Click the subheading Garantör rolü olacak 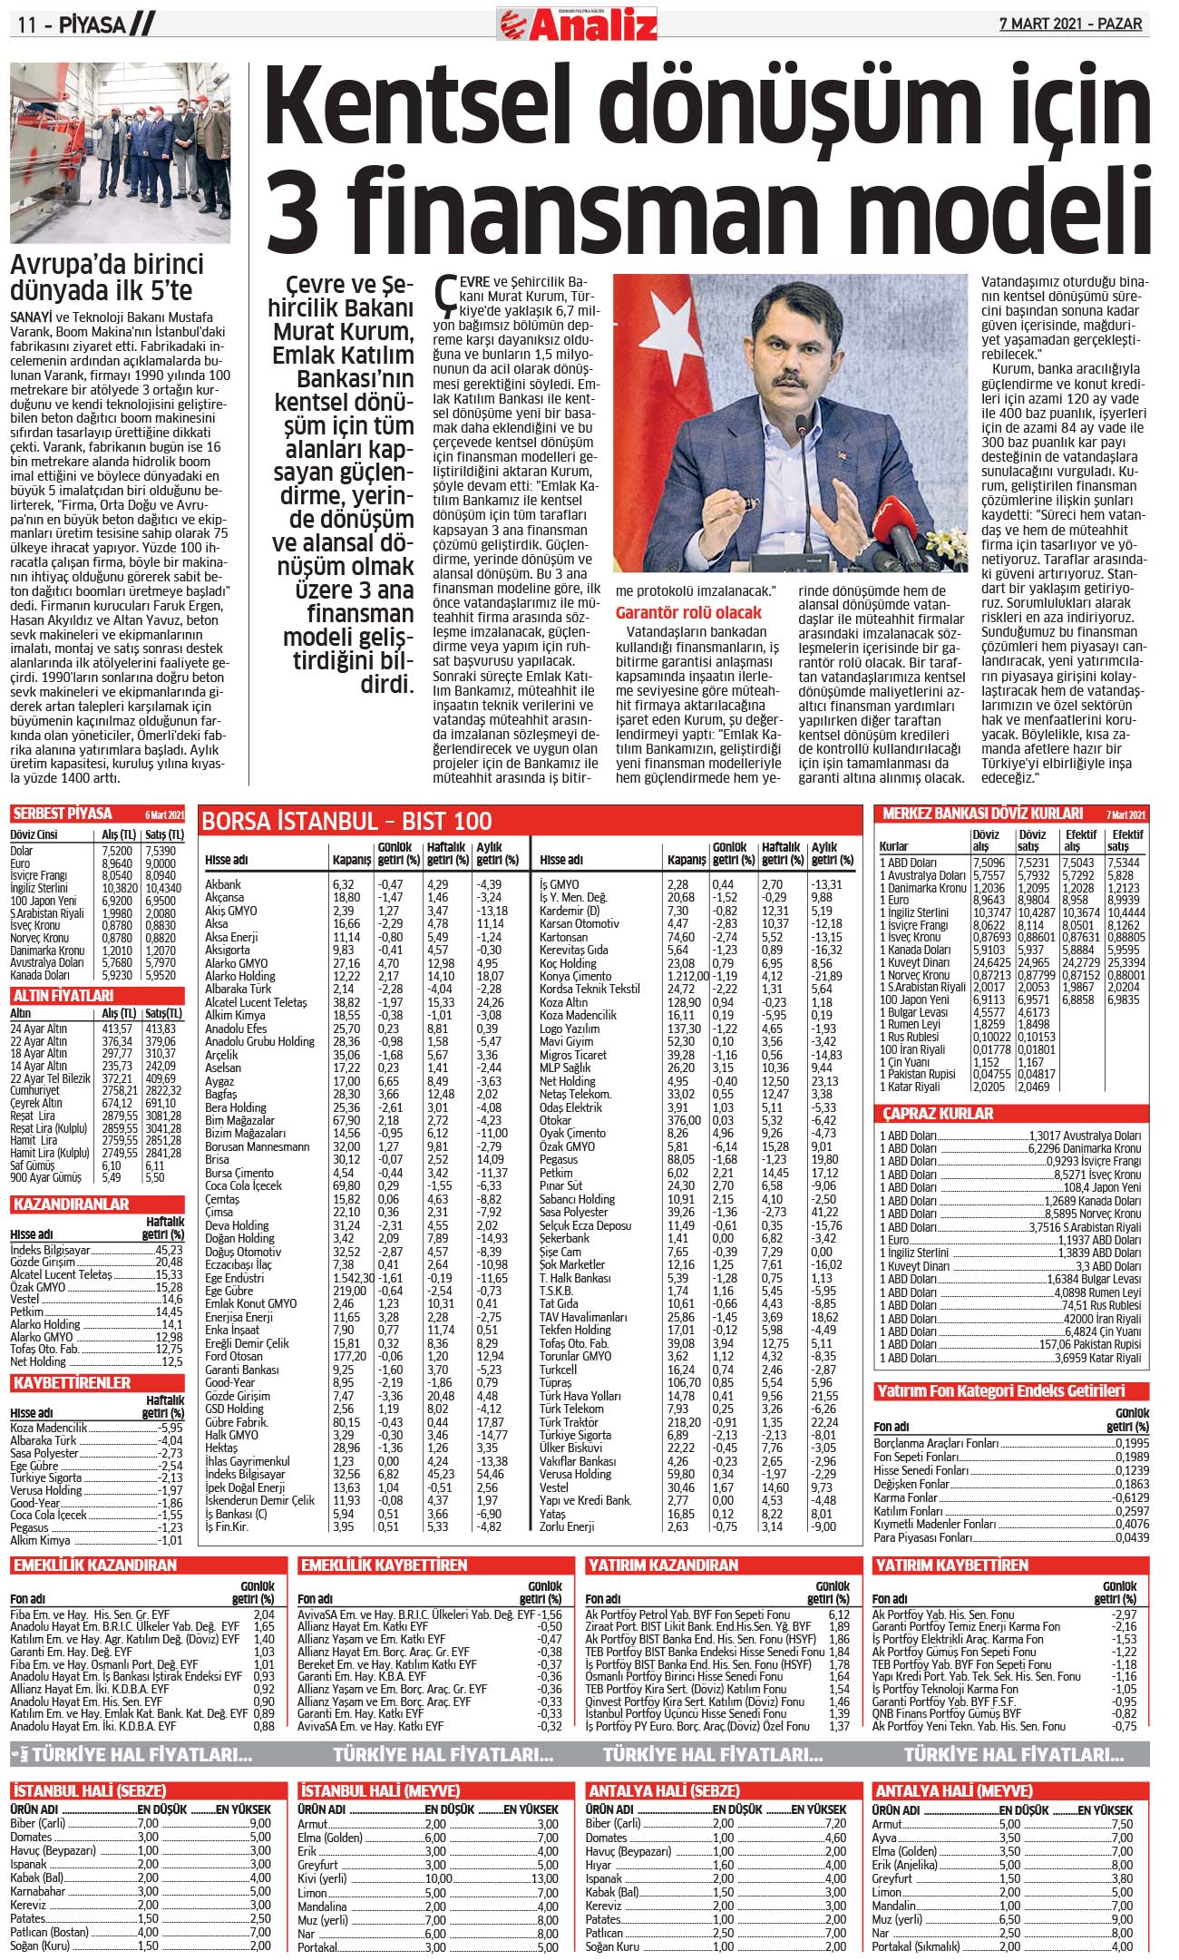pyautogui.click(x=688, y=612)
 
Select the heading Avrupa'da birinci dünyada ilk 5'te pyautogui.click(x=106, y=278)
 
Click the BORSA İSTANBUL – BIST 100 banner pyautogui.click(x=347, y=821)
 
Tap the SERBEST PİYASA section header pyautogui.click(x=63, y=813)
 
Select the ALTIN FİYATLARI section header pyautogui.click(x=63, y=995)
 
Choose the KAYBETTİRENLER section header pyautogui.click(x=72, y=1383)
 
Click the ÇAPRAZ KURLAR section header pyautogui.click(x=939, y=1113)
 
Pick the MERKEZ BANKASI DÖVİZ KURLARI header pyautogui.click(x=983, y=814)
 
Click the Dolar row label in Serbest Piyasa pyautogui.click(x=22, y=851)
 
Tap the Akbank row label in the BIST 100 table pyautogui.click(x=223, y=884)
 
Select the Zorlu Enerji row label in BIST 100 pyautogui.click(x=567, y=1526)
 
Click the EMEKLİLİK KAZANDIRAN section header pyautogui.click(x=94, y=1565)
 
